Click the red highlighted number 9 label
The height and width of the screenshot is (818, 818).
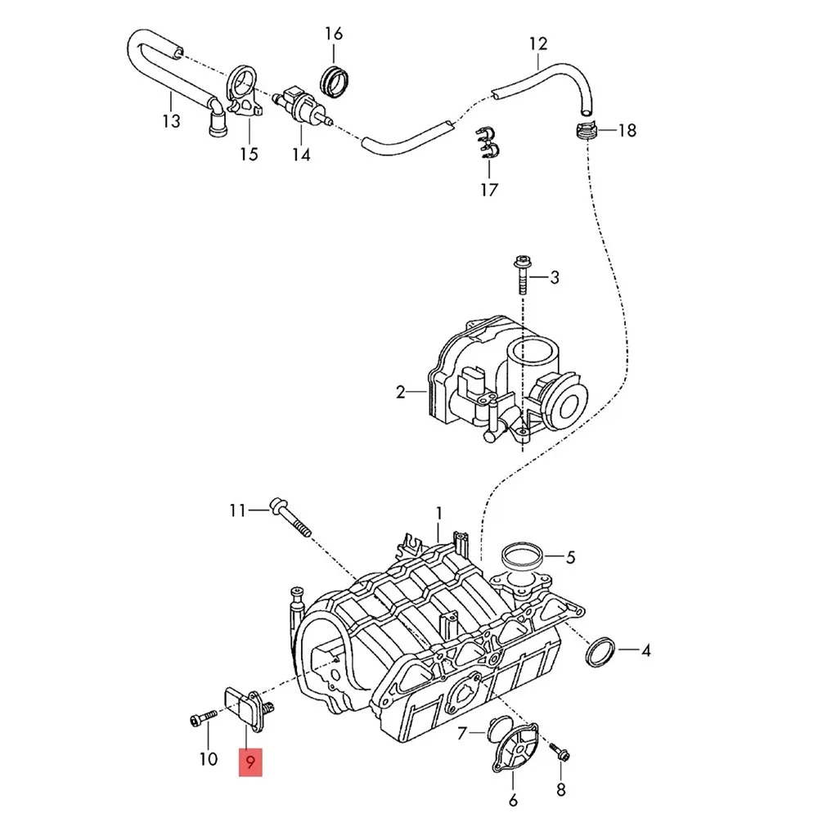[251, 762]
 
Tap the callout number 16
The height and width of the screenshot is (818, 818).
[334, 34]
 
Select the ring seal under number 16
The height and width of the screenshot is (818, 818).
[335, 79]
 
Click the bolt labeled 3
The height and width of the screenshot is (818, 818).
[521, 278]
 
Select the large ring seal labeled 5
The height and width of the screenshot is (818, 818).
[521, 558]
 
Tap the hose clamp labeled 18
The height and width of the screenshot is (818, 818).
[587, 131]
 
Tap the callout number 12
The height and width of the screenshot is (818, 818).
[537, 43]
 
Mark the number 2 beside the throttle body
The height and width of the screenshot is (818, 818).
[401, 393]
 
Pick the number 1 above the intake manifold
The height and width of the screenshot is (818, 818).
[438, 513]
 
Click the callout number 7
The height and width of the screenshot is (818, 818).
[461, 733]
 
